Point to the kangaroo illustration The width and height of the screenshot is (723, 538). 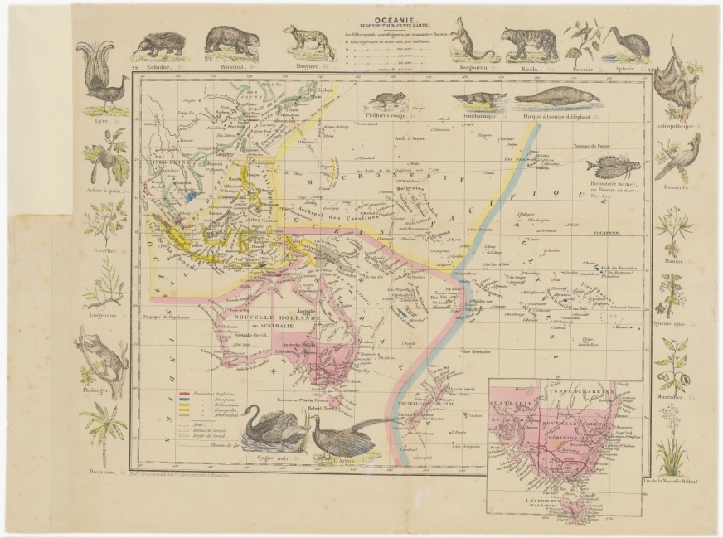(x=468, y=45)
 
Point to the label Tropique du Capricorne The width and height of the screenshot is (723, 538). (x=174, y=315)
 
